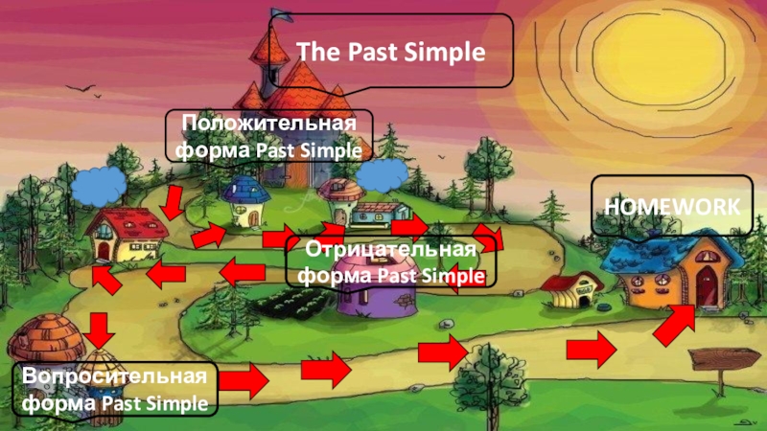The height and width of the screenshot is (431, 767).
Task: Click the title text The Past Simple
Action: [x=390, y=52]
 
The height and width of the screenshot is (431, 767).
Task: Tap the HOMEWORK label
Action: [x=670, y=205]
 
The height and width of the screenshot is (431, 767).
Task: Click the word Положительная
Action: [x=268, y=125]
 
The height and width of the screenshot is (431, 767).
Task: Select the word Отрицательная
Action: [x=391, y=251]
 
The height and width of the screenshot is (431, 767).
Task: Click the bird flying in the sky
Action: [x=80, y=89]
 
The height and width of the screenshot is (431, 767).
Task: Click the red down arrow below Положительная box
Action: [x=173, y=202]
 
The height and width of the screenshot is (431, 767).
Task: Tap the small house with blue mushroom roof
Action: [x=244, y=198]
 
